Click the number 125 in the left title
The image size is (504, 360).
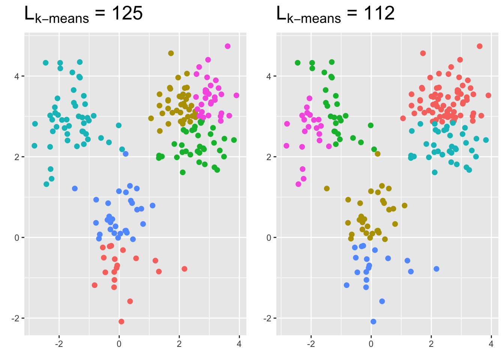point(127,13)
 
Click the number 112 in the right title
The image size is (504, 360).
point(379,13)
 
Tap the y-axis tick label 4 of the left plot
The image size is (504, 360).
point(17,76)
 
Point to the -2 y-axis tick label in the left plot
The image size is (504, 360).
point(15,318)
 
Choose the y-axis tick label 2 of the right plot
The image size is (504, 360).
point(269,157)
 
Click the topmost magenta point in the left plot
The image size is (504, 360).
point(228,46)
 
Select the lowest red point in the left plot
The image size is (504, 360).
point(121,321)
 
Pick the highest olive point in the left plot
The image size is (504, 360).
point(171,53)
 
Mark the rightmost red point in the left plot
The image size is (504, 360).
point(184,269)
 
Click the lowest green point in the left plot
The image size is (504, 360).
point(183,172)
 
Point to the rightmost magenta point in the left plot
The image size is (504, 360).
point(236,95)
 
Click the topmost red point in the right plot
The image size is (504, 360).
point(480,46)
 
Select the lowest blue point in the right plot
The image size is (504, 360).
point(373,321)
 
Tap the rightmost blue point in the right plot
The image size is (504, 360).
point(436,269)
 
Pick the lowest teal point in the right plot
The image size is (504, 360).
point(435,172)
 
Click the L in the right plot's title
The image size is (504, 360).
point(281,13)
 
